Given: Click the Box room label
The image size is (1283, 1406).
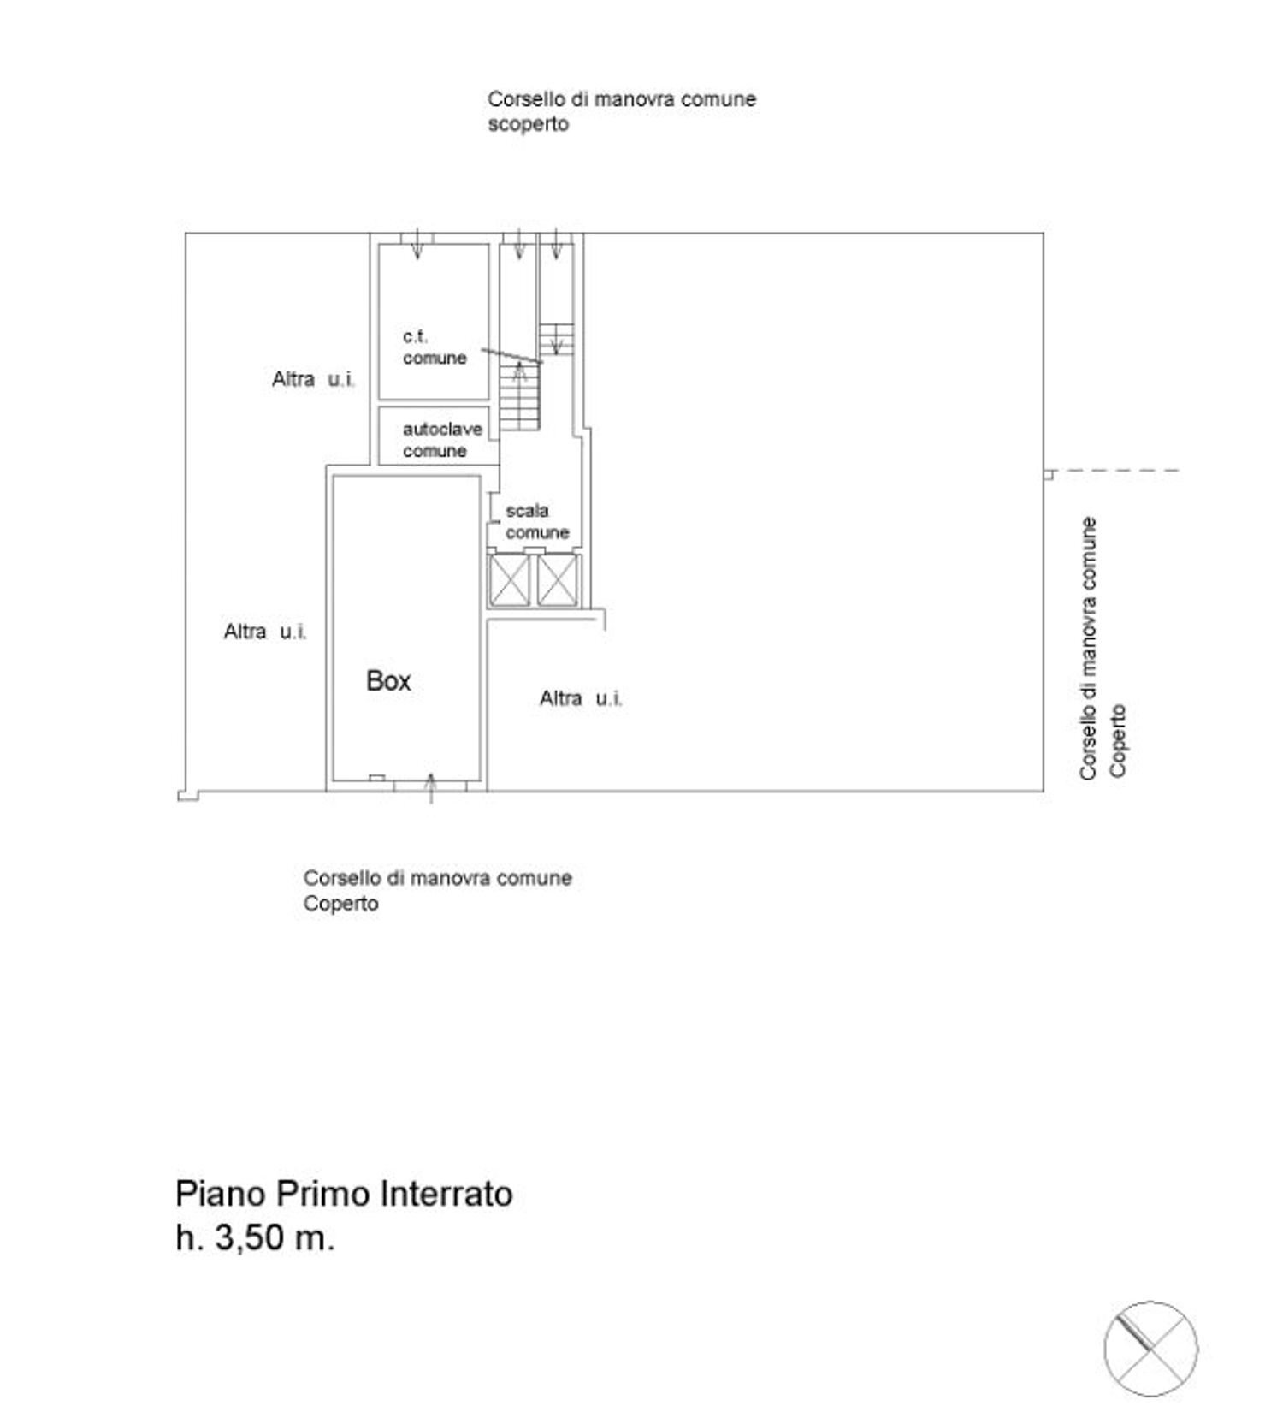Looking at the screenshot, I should (388, 681).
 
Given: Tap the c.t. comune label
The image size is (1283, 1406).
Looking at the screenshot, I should (435, 347).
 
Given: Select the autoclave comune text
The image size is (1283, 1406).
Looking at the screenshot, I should (441, 440).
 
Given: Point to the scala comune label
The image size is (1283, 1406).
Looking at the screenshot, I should (536, 521).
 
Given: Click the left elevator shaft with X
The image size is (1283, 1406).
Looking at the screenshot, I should (509, 580).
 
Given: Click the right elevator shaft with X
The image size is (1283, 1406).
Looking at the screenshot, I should (558, 580).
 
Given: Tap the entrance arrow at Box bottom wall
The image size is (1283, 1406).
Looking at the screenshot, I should (431, 787).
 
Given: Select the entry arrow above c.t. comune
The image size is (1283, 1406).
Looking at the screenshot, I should (417, 244).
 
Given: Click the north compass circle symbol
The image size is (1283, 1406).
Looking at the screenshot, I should (1150, 1348).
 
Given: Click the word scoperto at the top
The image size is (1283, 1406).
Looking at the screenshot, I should (528, 124).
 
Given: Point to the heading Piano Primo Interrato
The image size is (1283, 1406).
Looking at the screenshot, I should (344, 1193).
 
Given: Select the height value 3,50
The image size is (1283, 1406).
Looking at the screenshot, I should (248, 1237).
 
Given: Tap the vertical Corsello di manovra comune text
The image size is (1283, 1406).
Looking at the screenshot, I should (1088, 648).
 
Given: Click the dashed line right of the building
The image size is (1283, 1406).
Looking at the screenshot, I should (1116, 471).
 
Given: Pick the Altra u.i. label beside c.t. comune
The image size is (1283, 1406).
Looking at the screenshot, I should (313, 379).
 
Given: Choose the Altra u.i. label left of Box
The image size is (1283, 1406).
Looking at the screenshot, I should (265, 632).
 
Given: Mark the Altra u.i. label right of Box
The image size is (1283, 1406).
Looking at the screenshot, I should (581, 698).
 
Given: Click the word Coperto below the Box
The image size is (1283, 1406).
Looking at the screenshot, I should (340, 904).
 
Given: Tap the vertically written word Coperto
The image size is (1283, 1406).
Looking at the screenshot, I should (1118, 740).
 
